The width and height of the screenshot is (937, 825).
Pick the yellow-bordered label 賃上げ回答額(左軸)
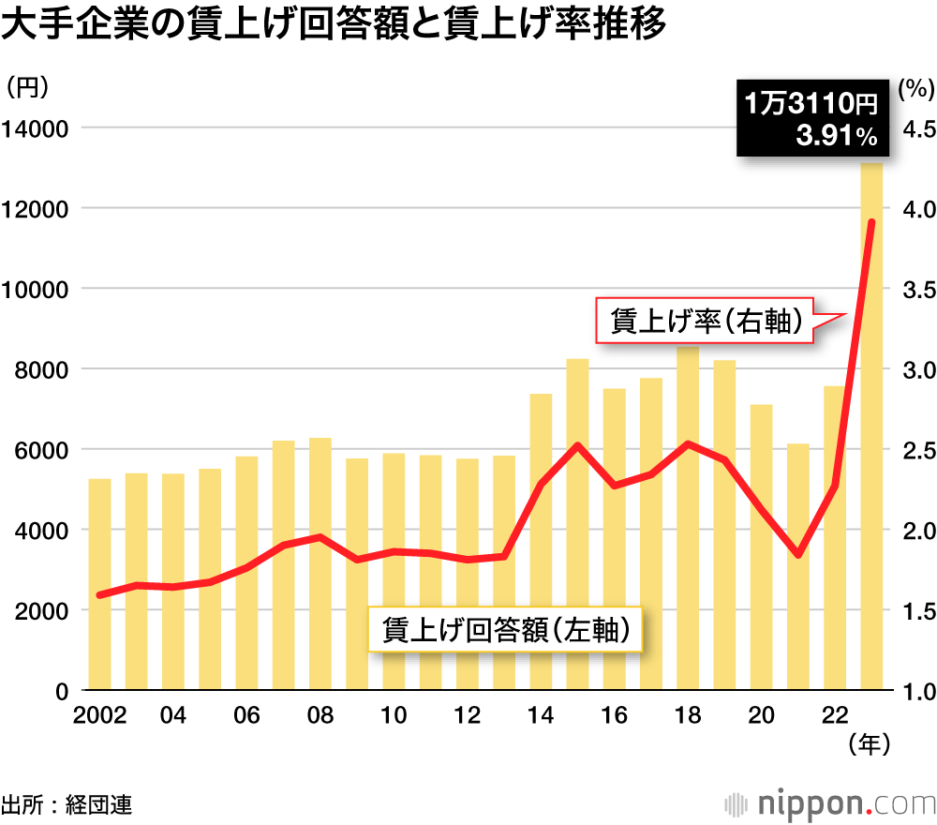click(x=505, y=631)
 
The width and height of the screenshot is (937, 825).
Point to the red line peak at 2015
click(x=578, y=445)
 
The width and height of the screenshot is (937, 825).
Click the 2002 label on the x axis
click(x=99, y=715)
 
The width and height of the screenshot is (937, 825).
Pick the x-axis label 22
click(x=835, y=715)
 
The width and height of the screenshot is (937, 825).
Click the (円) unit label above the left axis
click(x=26, y=87)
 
